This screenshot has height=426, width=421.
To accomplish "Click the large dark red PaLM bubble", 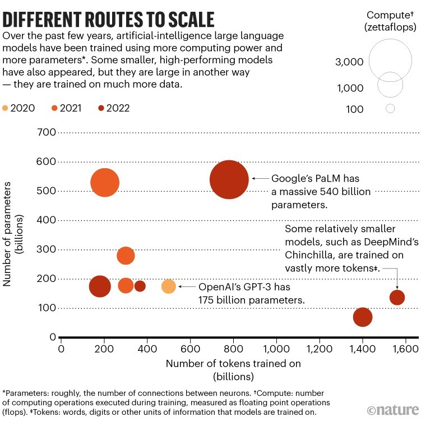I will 229,179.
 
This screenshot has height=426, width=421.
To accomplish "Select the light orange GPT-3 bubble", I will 169,286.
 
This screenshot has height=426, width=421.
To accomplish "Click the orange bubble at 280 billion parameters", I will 126,256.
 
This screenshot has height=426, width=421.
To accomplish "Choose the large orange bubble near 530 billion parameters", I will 105,183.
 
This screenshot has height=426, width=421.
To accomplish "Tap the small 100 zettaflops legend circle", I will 391,109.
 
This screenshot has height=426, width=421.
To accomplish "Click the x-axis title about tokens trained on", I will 233,369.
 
